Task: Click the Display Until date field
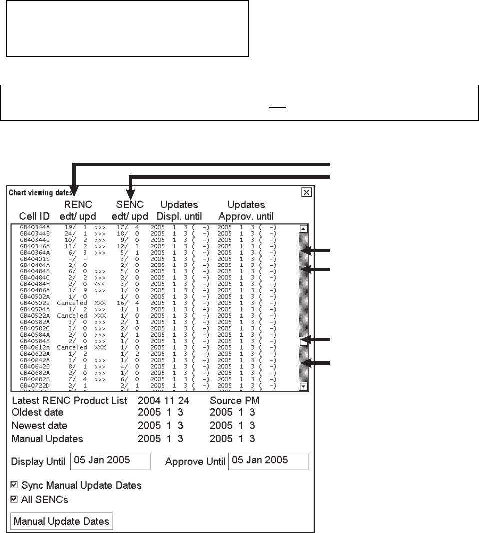(x=110, y=461)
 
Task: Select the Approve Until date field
(x=268, y=461)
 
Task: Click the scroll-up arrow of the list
(x=303, y=229)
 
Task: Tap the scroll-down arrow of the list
(x=303, y=386)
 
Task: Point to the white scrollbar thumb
(x=303, y=342)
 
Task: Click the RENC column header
(x=79, y=205)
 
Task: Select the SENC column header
(x=129, y=205)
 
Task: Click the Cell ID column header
(x=34, y=217)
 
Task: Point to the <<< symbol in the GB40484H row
(x=99, y=284)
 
